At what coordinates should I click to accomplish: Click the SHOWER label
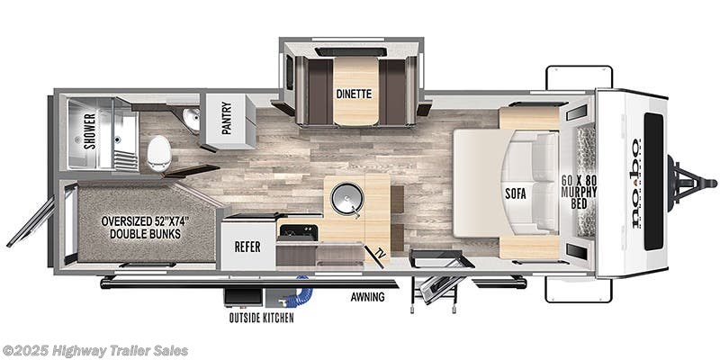90,131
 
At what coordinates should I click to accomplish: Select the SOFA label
516,192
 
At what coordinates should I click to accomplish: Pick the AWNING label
367,296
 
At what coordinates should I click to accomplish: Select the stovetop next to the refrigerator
298,231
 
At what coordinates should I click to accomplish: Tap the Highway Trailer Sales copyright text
94,350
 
